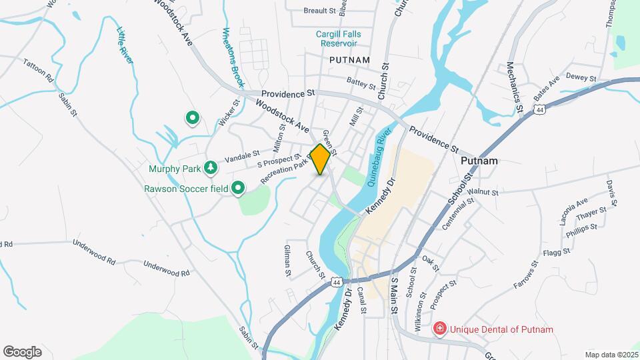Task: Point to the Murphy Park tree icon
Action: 211,167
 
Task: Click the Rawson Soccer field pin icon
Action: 238,189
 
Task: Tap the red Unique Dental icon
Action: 439,329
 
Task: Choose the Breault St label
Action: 320,11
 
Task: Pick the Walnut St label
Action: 483,192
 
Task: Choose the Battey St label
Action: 361,84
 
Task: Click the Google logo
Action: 22,351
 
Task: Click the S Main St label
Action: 394,295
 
